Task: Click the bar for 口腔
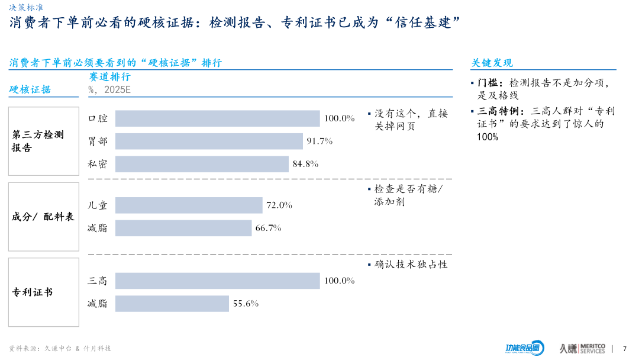pos(217,118)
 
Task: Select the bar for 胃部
pos(209,141)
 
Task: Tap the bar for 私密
pos(202,164)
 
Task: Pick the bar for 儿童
pos(189,205)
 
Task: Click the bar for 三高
pos(217,281)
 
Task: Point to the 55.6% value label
pos(246,304)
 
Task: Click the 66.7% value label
pos(268,228)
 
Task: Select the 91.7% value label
pos(319,141)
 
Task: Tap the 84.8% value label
pos(305,164)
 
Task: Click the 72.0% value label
pos(279,205)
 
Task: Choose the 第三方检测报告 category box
pos(43,141)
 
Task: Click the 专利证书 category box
pos(43,292)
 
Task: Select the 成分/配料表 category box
pos(43,217)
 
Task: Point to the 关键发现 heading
pos(492,63)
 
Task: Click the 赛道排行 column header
pos(109,77)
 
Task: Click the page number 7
pos(625,348)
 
